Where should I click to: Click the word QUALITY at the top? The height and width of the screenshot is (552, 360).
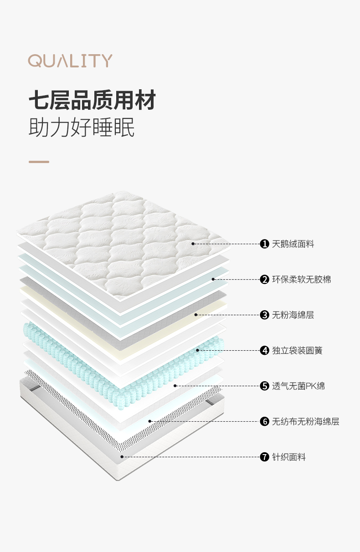70,61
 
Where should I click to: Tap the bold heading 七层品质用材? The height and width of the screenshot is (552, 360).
92,100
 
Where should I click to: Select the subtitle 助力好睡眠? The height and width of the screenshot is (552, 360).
82,128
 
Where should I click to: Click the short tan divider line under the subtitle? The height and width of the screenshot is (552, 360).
39,162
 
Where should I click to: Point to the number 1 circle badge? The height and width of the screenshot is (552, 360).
264,244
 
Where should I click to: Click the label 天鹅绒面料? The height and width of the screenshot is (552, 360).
293,244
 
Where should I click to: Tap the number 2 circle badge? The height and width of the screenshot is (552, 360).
264,280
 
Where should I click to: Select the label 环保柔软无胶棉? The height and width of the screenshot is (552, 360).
301,280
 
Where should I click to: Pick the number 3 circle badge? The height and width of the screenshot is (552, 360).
264,315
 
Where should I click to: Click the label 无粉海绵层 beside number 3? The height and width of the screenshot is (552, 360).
293,315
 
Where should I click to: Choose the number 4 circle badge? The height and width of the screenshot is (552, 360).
264,350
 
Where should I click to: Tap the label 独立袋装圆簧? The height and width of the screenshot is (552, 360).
297,350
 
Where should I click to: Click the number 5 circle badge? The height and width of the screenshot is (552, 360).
264,386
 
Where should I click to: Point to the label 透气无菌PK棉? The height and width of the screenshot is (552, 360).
298,386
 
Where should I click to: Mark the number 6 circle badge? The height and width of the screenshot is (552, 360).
264,421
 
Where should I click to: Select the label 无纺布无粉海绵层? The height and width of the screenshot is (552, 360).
305,421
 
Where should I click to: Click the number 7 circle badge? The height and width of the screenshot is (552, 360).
264,457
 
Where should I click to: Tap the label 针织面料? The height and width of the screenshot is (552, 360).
289,457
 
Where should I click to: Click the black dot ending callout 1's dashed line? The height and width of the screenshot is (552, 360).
193,244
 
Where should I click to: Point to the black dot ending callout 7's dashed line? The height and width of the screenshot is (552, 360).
122,457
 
